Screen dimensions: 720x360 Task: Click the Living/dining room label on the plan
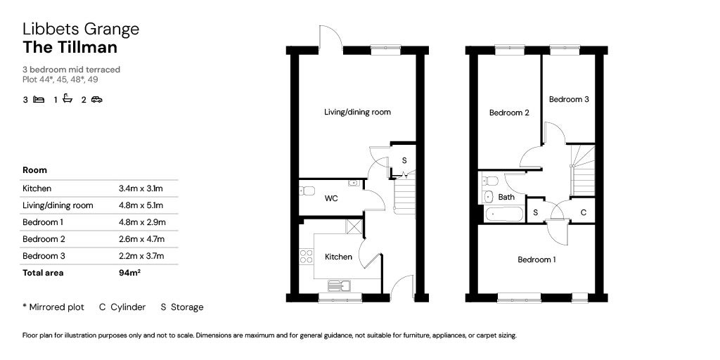pos(357,112)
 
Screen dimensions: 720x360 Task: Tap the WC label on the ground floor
pos(331,198)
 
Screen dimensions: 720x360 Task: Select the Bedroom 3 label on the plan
pos(569,98)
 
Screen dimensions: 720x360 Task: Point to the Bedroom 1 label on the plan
pos(536,259)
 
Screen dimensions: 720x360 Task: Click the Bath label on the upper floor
pos(506,197)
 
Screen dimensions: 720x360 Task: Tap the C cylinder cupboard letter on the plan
pos(583,212)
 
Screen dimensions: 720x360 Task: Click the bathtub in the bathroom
pos(503,214)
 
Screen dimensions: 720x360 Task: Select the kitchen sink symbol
pos(340,285)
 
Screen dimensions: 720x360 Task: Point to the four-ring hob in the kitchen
pos(306,256)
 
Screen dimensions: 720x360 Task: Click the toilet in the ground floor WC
pos(307,191)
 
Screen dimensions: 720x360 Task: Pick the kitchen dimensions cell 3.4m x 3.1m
pos(141,188)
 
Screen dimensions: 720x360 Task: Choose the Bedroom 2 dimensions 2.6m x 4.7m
pos(141,239)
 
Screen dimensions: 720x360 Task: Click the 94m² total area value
pos(129,272)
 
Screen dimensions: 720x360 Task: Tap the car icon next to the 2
pos(96,99)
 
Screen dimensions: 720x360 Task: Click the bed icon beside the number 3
pos(39,99)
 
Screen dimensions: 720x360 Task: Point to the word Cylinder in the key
pos(128,307)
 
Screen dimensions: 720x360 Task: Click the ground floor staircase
pos(404,194)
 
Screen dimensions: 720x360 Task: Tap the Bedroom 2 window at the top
pos(510,46)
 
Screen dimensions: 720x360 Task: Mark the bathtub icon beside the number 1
pos(67,98)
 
